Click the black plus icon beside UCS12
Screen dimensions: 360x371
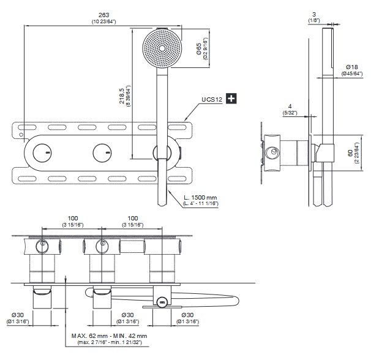[x=231, y=99]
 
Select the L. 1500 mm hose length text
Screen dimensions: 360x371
[x=200, y=198]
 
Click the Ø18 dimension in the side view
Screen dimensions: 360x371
[x=351, y=67]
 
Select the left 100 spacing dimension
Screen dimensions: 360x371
[x=72, y=218]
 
